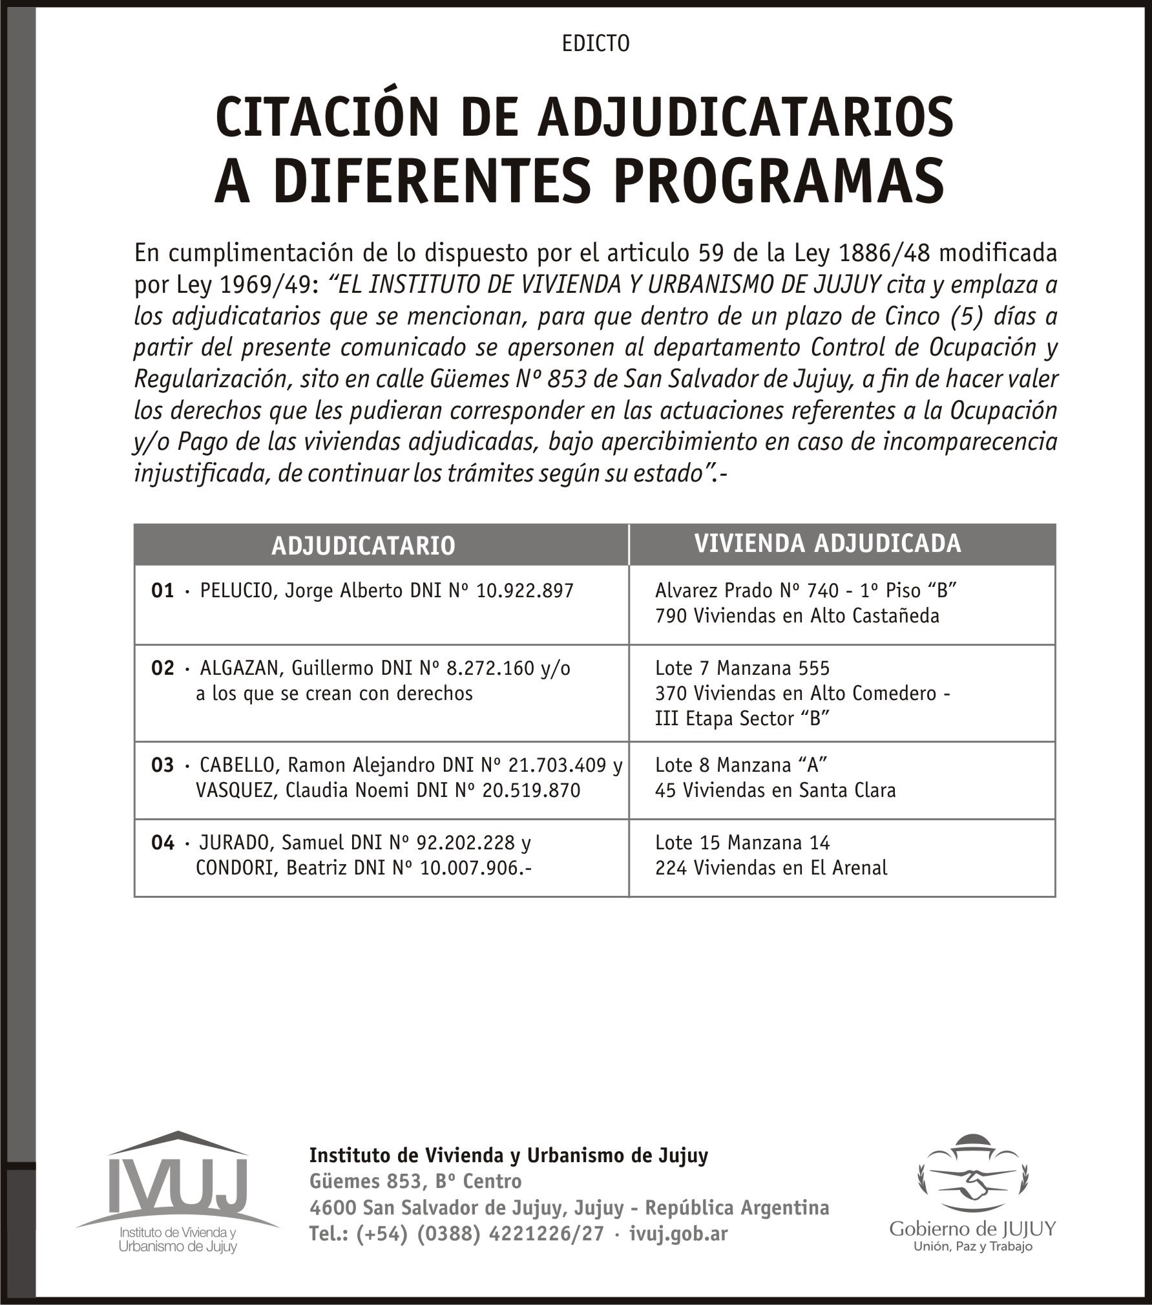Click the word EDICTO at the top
[595, 44]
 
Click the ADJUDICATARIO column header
[363, 546]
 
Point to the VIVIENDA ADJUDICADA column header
[827, 544]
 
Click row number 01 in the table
[163, 591]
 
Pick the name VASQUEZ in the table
[235, 790]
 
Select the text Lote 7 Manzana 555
[742, 668]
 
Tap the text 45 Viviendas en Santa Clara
[775, 790]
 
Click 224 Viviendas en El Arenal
[771, 868]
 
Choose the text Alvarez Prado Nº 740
[746, 591]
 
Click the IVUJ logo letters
[178, 1186]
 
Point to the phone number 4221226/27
[547, 1233]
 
